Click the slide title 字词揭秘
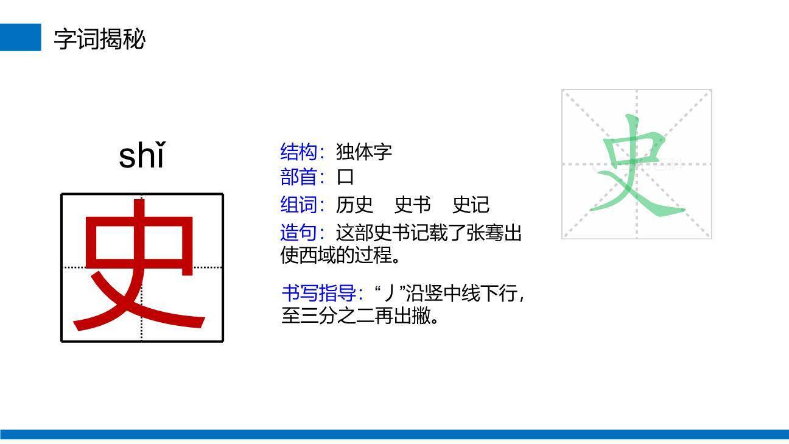[99, 38]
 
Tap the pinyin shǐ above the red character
[141, 155]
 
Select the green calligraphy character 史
[636, 166]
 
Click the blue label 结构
[299, 151]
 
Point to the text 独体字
[364, 151]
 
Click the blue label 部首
[299, 177]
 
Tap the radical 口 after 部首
[345, 177]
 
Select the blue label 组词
[299, 205]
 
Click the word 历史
[354, 205]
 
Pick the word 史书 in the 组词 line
[412, 205]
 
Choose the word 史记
[471, 205]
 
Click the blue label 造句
[299, 233]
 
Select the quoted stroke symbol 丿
[388, 294]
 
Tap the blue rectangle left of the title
[20, 37]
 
